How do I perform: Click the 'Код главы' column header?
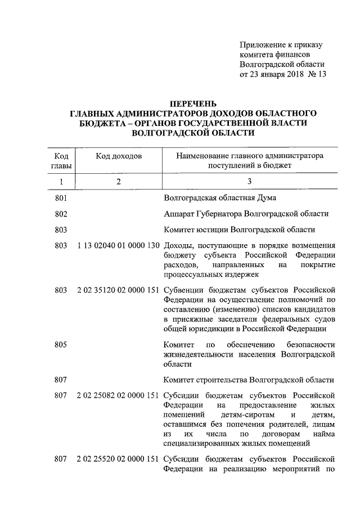[x=61, y=160]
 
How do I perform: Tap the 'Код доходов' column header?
[x=119, y=155]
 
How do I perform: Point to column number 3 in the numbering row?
[x=250, y=181]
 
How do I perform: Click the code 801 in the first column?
[x=61, y=198]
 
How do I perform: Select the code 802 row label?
[x=61, y=214]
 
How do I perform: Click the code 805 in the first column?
[x=61, y=344]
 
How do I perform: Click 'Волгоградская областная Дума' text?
[x=220, y=198]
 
